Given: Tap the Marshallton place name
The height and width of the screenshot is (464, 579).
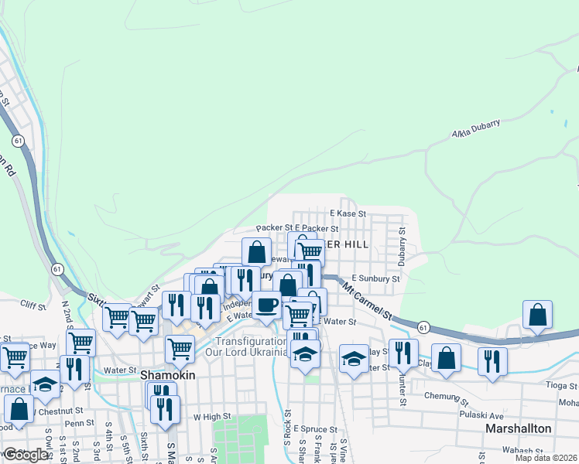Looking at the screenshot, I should tap(518, 428).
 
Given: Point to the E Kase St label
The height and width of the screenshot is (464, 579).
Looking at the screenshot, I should tap(348, 213).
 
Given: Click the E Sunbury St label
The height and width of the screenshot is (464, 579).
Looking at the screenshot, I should tap(375, 278).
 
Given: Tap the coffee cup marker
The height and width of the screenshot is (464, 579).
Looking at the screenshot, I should tap(267, 305).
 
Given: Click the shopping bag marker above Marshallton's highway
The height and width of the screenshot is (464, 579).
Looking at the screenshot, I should tap(537, 316).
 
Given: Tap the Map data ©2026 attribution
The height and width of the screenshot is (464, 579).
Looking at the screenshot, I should tap(546, 458).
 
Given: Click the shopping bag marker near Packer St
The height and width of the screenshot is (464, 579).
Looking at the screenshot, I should tap(256, 251).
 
